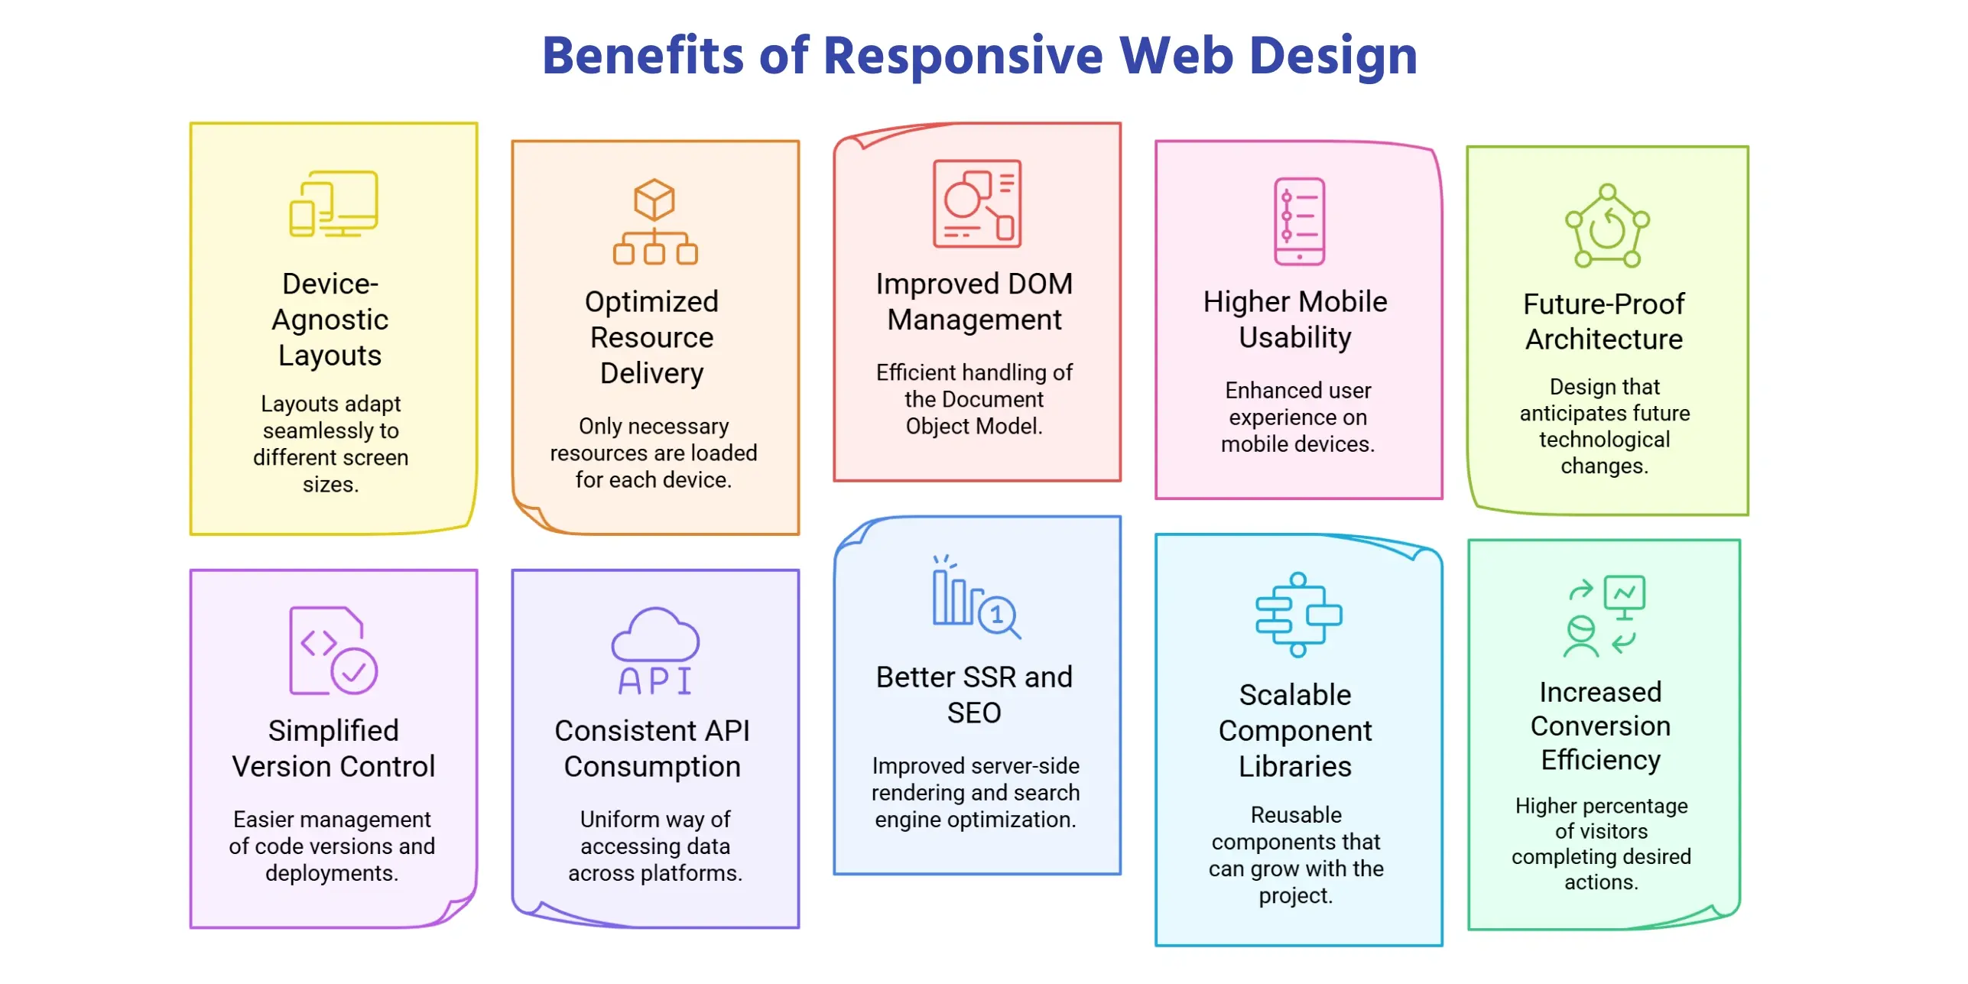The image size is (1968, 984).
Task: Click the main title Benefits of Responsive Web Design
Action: point(979,56)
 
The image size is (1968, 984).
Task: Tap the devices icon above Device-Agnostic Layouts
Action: point(333,203)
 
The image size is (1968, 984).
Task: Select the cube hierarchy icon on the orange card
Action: point(654,222)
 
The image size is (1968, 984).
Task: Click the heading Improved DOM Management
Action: point(975,301)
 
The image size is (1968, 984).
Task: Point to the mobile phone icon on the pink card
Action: point(1298,222)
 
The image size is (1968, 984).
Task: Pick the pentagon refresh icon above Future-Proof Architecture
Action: point(1606,226)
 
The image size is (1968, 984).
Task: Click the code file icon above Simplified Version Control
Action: point(332,650)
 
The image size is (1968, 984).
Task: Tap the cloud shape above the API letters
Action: point(654,634)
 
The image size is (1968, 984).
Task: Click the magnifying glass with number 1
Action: point(998,615)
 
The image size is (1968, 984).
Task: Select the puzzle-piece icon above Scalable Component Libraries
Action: point(1297,615)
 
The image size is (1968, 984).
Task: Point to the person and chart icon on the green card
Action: point(1603,616)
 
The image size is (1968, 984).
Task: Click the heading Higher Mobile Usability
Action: point(1295,320)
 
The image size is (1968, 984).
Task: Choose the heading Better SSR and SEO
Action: point(974,694)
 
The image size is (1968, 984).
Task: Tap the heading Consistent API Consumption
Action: point(652,748)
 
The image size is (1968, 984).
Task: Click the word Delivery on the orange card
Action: point(651,373)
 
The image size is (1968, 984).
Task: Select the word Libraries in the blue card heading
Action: point(1295,766)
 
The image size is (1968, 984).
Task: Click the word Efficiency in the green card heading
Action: point(1600,760)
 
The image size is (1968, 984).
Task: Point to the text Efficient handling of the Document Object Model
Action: point(974,399)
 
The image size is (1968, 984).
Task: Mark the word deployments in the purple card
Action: point(332,873)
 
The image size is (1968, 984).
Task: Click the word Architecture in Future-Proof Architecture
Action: point(1604,339)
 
